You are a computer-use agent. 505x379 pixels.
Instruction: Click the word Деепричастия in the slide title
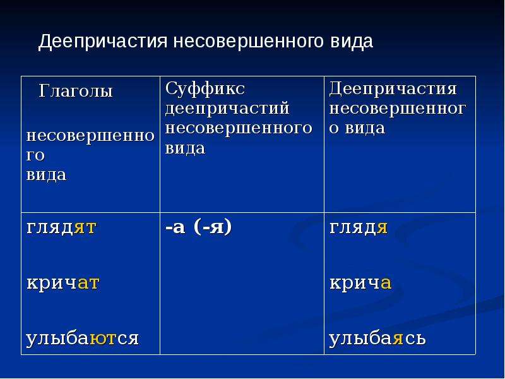pos(103,42)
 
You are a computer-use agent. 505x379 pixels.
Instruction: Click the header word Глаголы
pos(76,91)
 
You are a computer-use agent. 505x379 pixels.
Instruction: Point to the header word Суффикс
pos(205,88)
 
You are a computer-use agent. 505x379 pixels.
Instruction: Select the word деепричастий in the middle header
pos(227,108)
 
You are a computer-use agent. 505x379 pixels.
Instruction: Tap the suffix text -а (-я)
pos(199,227)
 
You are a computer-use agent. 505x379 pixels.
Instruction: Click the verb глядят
pos(61,228)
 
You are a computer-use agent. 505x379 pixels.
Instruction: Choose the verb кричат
pos(63,283)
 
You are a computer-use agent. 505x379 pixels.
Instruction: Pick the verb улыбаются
pos(83,339)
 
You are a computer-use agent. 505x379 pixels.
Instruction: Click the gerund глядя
pos(359,228)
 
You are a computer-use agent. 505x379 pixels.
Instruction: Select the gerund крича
pos(360,283)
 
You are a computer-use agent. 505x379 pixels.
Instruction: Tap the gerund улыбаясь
pos(377,339)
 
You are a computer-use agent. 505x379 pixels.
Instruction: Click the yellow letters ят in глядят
pos(85,228)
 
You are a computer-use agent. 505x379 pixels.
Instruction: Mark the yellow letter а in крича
pos(386,284)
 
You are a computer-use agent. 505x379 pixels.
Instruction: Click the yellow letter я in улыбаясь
pos(398,339)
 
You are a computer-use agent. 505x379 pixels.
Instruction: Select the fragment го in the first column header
pos(35,156)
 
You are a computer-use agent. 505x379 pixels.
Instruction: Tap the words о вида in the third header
pos(357,128)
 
